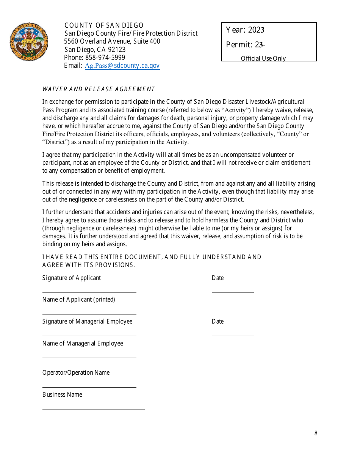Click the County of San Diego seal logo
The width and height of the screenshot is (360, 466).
point(29,42)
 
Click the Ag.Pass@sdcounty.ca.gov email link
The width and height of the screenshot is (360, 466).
point(122,66)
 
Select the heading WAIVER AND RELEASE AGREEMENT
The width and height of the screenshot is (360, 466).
point(99,89)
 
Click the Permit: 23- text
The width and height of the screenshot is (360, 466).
point(246,45)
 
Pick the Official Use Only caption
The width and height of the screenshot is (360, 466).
point(263,58)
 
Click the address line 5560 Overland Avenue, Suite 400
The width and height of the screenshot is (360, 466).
point(112,41)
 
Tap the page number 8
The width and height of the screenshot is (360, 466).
point(316,433)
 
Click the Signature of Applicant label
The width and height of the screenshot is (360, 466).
point(72,278)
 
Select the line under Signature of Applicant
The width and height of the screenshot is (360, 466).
point(89,292)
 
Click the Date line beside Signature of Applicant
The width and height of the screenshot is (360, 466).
point(233,292)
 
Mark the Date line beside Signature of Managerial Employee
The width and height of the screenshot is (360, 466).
point(233,336)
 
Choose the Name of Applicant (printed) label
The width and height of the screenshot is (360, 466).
point(78,299)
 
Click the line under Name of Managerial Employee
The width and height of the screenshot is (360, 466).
point(89,358)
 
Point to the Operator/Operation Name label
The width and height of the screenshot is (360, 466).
point(76,372)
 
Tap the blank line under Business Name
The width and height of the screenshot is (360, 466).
point(93,410)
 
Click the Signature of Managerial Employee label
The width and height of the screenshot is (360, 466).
point(87,321)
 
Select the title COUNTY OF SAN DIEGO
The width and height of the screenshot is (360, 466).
point(104,25)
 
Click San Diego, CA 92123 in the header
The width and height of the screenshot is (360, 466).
point(95,50)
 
